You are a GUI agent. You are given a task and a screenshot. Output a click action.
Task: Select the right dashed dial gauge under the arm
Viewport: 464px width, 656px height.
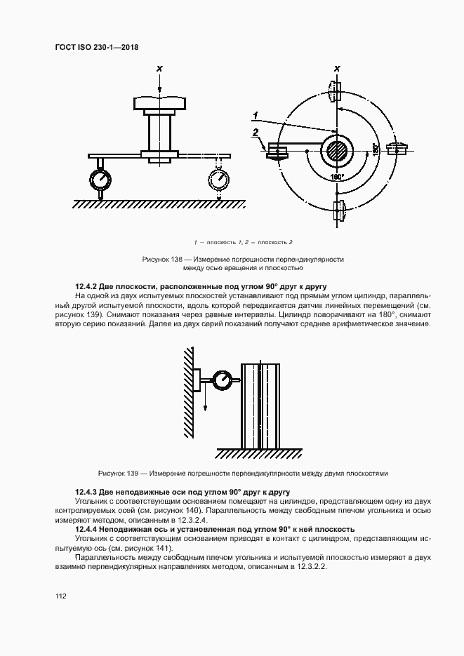point(220,180)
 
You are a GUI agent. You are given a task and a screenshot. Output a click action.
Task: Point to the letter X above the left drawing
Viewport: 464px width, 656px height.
point(160,69)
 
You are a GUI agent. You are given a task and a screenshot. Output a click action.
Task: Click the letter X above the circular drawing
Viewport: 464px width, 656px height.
point(337,69)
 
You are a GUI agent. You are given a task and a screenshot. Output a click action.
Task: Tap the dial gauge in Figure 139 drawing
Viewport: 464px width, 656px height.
point(224,380)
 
